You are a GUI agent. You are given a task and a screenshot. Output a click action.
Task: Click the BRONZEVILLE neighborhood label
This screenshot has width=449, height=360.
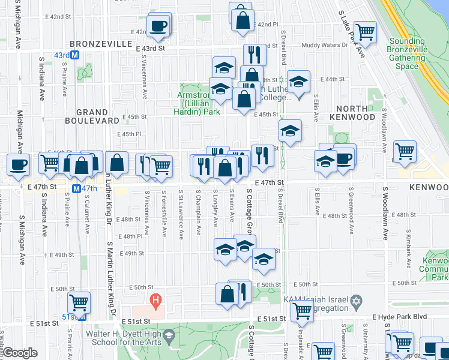tap(100, 44)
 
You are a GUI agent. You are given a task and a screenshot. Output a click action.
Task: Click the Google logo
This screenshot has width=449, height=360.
tap(20, 353)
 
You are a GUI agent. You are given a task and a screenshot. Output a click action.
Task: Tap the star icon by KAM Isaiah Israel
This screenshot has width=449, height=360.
tap(357, 300)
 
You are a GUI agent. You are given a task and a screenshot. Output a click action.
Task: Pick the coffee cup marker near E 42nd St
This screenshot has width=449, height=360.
tap(159, 26)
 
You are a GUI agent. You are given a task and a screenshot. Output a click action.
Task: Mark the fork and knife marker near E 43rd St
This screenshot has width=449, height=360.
tap(255, 55)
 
